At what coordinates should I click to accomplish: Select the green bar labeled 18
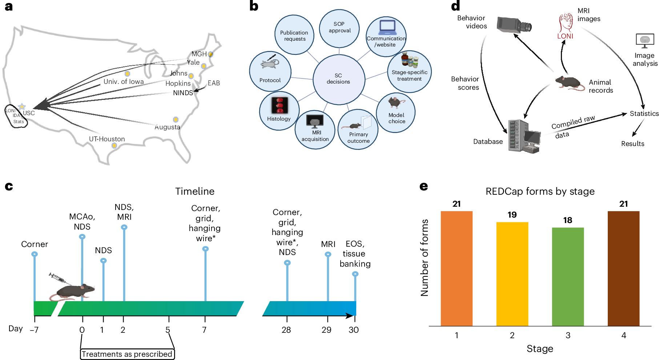(568, 276)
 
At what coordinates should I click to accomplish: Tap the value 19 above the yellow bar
(512, 215)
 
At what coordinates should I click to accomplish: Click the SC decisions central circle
(338, 79)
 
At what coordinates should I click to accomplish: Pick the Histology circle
(279, 111)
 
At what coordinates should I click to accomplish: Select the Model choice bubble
(396, 112)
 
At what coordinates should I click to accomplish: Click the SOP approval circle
(339, 28)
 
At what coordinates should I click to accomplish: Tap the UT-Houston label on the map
(107, 139)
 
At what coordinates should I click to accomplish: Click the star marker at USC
(22, 107)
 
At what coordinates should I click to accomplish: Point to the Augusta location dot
(176, 120)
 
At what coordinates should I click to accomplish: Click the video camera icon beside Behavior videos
(514, 25)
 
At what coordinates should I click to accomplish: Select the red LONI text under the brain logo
(565, 36)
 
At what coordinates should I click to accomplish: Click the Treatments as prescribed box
(127, 354)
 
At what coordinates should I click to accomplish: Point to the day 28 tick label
(286, 330)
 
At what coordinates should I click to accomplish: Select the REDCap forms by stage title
(540, 191)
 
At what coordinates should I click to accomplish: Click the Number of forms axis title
(425, 258)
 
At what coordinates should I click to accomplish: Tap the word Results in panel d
(632, 144)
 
